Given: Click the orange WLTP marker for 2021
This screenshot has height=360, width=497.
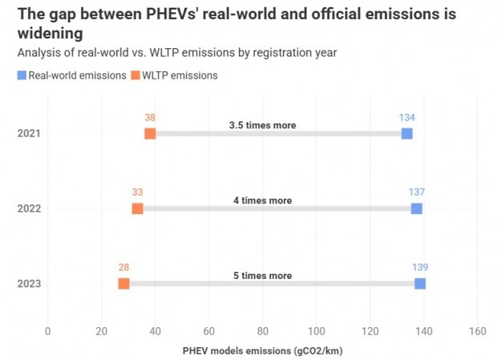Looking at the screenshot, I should pyautogui.click(x=150, y=133).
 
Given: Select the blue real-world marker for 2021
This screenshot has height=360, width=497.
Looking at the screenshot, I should pyautogui.click(x=407, y=133).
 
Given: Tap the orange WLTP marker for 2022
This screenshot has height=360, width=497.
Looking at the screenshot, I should pyautogui.click(x=137, y=208).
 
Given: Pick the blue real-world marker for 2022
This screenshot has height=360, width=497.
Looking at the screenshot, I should pyautogui.click(x=416, y=208).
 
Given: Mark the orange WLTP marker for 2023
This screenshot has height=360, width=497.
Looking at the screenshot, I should pyautogui.click(x=123, y=284).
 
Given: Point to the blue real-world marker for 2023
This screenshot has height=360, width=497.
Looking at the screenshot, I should pyautogui.click(x=420, y=284).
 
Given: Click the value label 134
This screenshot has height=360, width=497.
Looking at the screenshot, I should pyautogui.click(x=407, y=117).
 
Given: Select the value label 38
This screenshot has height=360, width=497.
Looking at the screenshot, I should pyautogui.click(x=150, y=117).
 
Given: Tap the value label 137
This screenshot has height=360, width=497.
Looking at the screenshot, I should pyautogui.click(x=416, y=192).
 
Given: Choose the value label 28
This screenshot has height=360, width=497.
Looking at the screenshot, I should pyautogui.click(x=123, y=268).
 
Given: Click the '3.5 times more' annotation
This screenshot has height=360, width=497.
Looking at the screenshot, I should pyautogui.click(x=262, y=125).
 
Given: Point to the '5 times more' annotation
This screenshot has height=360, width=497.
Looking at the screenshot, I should pyautogui.click(x=262, y=276).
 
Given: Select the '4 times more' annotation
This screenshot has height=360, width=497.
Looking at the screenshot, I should pyautogui.click(x=262, y=200).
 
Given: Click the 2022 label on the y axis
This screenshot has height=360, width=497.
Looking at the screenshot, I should pyautogui.click(x=29, y=208).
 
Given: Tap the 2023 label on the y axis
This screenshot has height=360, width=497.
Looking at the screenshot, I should pyautogui.click(x=29, y=284).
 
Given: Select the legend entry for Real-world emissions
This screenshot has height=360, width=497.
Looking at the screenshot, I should pyautogui.click(x=72, y=75).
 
